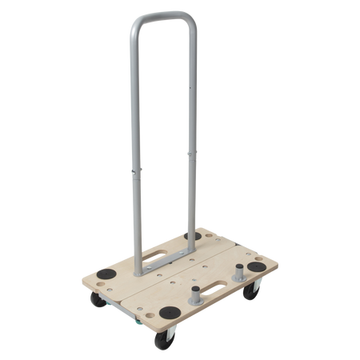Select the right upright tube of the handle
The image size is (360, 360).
[x=190, y=120]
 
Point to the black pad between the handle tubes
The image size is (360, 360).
[x=194, y=237]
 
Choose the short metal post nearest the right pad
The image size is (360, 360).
[x=238, y=272]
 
